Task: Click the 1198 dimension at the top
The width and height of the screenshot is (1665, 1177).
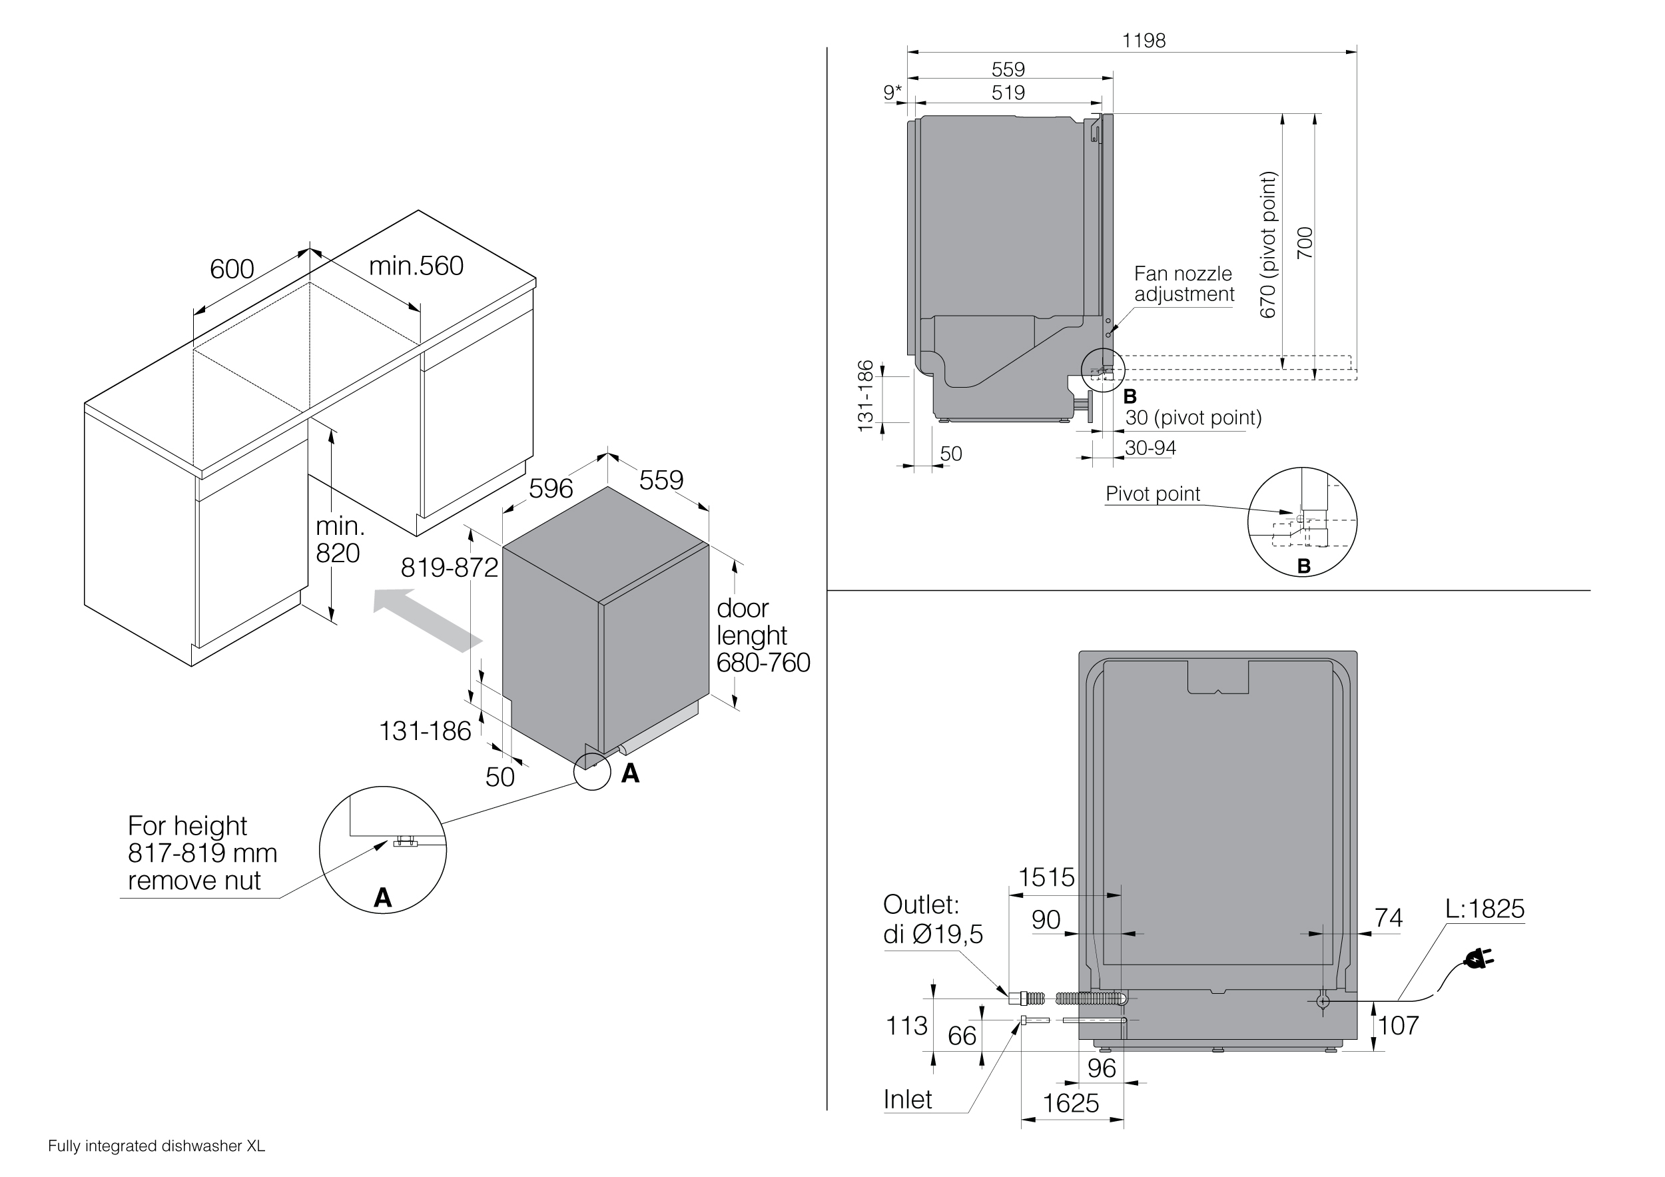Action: (1144, 41)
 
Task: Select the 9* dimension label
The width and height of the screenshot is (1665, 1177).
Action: (892, 93)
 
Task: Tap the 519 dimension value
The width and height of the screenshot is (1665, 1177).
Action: (1008, 93)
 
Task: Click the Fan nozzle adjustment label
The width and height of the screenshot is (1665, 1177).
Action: (1183, 284)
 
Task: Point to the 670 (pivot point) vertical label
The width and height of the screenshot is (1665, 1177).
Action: (1267, 244)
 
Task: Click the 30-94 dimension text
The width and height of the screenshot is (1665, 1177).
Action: (1150, 448)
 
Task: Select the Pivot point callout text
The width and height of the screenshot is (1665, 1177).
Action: (1152, 495)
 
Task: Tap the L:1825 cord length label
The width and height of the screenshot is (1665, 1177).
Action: (1485, 909)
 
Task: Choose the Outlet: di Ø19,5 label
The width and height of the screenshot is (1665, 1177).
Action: (932, 920)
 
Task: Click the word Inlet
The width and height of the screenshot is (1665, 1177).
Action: (907, 1100)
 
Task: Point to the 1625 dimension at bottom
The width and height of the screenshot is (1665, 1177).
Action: (1070, 1104)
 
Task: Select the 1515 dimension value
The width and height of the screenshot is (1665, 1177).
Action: (1046, 878)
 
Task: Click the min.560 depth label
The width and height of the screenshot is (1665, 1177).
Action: (416, 266)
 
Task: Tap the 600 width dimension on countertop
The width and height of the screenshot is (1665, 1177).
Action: (232, 269)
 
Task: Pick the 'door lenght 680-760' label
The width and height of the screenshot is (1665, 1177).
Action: (762, 635)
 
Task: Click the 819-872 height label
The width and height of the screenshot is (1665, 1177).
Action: (449, 568)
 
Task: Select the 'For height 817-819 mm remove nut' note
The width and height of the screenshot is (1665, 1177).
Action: (202, 853)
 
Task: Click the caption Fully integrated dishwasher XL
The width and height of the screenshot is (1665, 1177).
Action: (157, 1146)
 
